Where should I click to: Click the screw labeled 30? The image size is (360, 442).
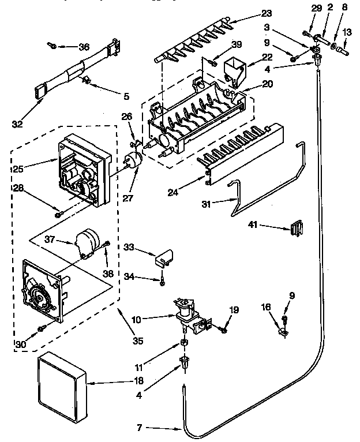coord(41,329)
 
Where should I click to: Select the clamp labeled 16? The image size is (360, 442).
coord(283,333)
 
